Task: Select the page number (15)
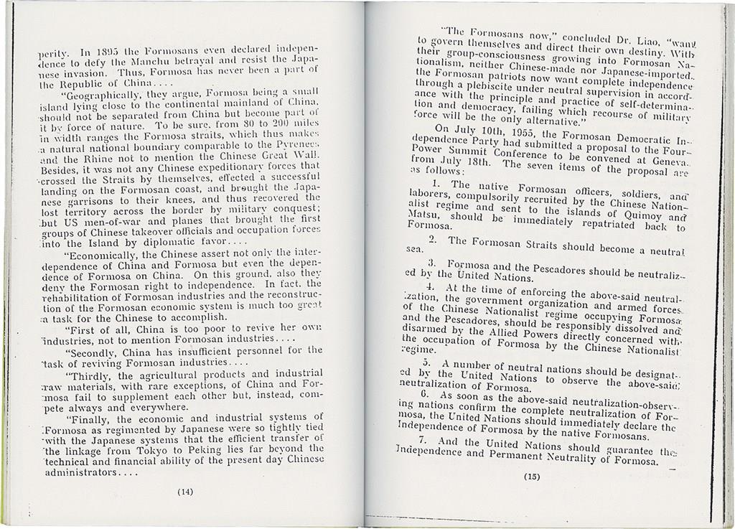coord(531,477)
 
